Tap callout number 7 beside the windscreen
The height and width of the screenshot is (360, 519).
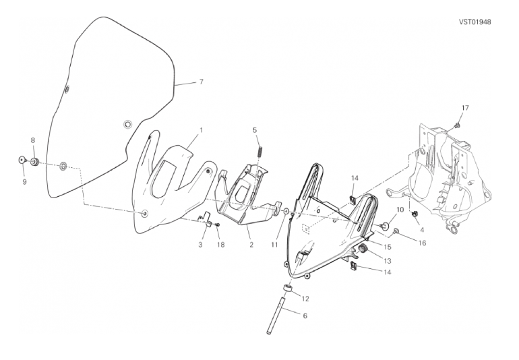[x=200, y=82]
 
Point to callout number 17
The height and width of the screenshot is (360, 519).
[x=464, y=108]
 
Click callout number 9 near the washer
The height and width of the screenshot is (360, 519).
[x=24, y=182]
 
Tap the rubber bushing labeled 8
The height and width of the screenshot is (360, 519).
[x=35, y=161]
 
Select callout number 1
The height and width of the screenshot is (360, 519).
[x=201, y=130]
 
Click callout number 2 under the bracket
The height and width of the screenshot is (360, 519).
[x=250, y=245]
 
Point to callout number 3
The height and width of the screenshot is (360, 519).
[x=200, y=245]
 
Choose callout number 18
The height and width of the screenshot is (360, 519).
[x=220, y=245]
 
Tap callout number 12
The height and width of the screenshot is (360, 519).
[x=305, y=297]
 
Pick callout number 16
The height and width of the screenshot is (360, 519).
[x=423, y=243]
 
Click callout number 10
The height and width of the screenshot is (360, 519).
[x=400, y=210]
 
